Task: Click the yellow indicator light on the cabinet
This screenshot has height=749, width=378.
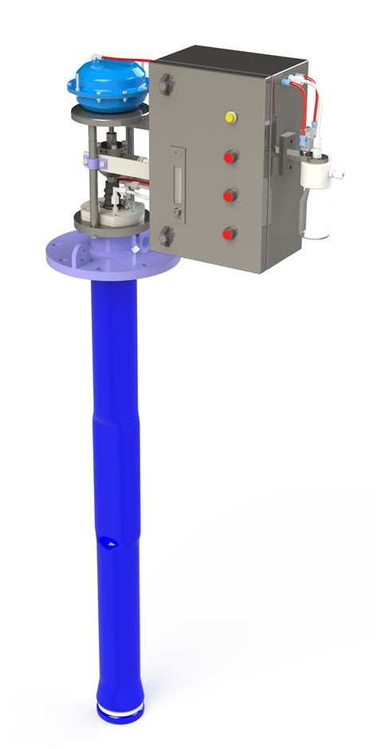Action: tap(231, 117)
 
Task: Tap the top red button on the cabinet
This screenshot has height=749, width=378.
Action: tap(230, 156)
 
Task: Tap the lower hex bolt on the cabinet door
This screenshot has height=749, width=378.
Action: tap(166, 235)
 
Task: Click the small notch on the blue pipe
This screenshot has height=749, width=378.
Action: tap(110, 543)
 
